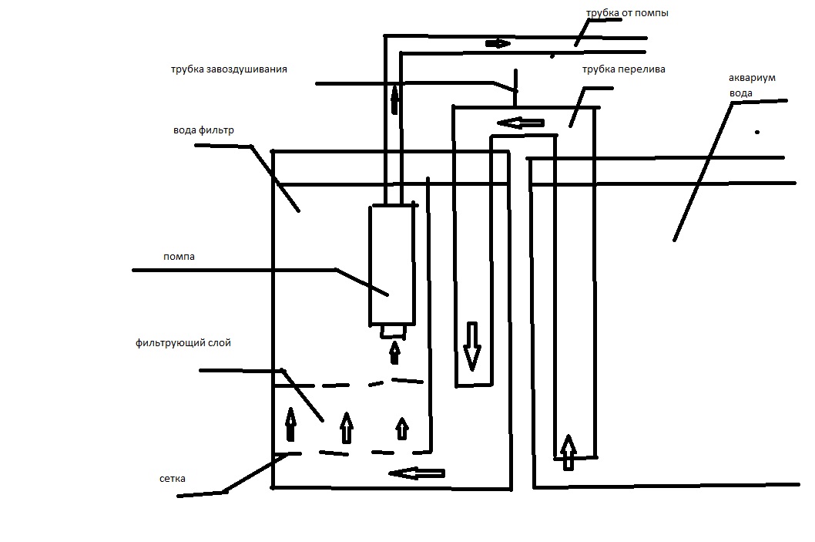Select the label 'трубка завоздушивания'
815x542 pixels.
tap(229, 69)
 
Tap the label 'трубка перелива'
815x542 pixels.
tap(624, 69)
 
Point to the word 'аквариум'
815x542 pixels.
tap(751, 79)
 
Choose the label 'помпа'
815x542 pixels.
tap(179, 257)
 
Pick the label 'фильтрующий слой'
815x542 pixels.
tap(182, 342)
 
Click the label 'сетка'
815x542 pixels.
tap(169, 479)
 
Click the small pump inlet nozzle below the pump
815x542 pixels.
tap(394, 331)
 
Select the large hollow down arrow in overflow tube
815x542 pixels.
tap(471, 346)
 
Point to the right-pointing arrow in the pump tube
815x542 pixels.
tap(498, 43)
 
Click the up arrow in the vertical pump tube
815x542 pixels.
tap(395, 99)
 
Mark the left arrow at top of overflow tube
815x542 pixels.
tap(521, 122)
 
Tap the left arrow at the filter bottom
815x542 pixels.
tap(417, 473)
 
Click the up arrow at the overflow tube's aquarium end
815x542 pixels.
tap(568, 452)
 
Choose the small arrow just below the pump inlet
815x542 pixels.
tap(394, 352)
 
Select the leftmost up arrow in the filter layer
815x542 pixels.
tap(290, 423)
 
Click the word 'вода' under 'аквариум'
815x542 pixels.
tap(740, 93)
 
